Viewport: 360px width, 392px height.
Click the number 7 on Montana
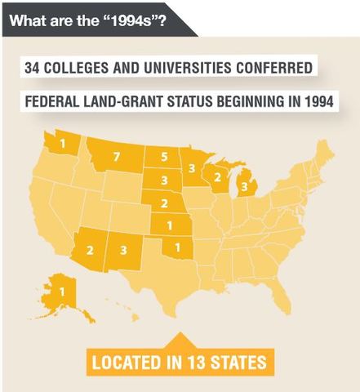click(117, 156)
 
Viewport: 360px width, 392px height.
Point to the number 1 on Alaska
click(61, 290)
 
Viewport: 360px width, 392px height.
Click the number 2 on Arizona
click(91, 249)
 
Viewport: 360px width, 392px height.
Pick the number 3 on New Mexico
click(122, 249)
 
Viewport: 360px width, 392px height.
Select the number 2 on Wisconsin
click(216, 177)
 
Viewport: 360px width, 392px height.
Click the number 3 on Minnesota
click(192, 168)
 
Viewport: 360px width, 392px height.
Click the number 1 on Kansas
click(169, 225)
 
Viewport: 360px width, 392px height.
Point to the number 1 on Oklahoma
click(178, 247)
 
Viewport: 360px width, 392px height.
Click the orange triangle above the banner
click(180, 336)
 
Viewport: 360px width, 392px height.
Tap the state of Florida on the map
click(282, 295)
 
